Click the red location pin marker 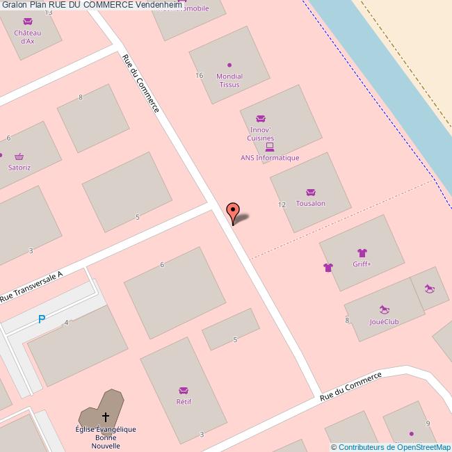(x=233, y=211)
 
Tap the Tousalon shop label (x=310, y=203)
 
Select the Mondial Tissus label (x=229, y=80)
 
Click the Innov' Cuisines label (x=260, y=134)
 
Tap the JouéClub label (x=383, y=322)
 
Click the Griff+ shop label (x=362, y=264)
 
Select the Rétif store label (x=184, y=401)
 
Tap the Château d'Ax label (x=28, y=37)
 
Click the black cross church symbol (x=106, y=417)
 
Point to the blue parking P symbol (x=42, y=319)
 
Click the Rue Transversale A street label (x=31, y=286)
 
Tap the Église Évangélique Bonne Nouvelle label (x=106, y=437)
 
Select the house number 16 (x=199, y=75)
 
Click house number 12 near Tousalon (x=282, y=204)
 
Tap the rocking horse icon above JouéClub (x=384, y=309)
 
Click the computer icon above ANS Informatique (x=270, y=147)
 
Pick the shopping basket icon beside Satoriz (x=19, y=156)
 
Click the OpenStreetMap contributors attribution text (x=391, y=447)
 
